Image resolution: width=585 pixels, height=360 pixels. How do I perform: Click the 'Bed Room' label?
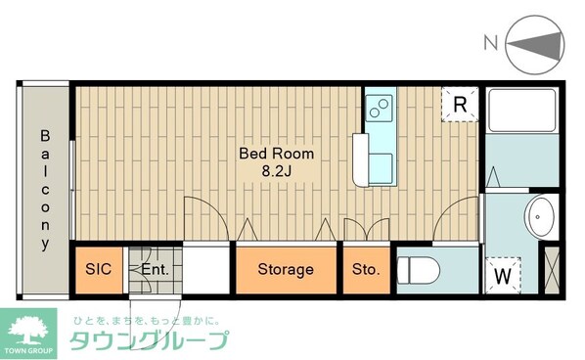tap(278, 154)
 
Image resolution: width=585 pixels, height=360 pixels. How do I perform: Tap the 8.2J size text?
tap(278, 170)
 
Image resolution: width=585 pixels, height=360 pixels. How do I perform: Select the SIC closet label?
tap(98, 269)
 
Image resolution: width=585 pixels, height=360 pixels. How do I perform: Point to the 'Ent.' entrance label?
tap(155, 269)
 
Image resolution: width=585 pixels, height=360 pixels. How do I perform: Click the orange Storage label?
tap(286, 269)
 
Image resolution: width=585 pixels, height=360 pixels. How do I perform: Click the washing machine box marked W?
tap(502, 275)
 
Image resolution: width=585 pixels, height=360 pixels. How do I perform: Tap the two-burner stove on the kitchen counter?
tap(380, 107)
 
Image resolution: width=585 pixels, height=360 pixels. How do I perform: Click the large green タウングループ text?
tap(149, 341)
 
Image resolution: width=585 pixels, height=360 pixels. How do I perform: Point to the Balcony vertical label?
tap(45, 189)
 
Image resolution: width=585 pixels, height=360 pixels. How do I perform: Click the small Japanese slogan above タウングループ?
tap(145, 320)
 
